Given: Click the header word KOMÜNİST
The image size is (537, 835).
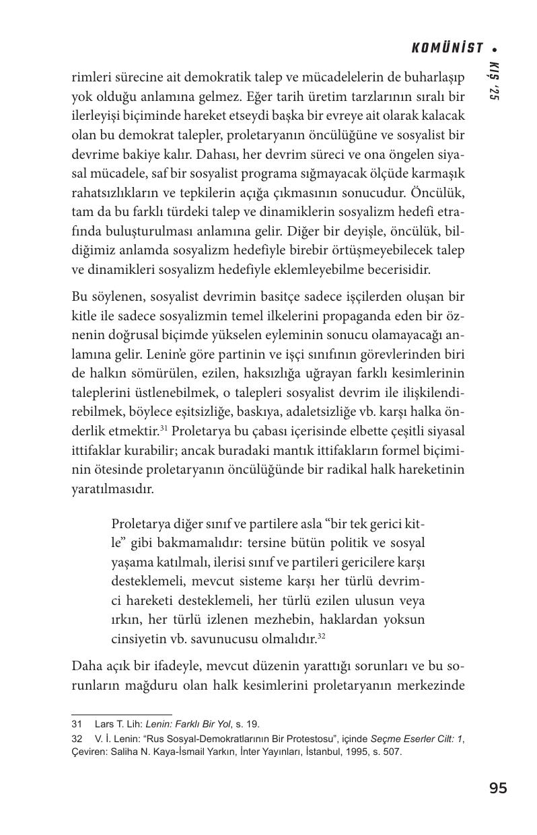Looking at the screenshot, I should click(448, 48).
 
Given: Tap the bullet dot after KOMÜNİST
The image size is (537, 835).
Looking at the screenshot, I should click(495, 49).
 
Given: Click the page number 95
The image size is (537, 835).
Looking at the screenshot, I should click(499, 789).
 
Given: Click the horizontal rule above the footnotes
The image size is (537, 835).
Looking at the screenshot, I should click(122, 714).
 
